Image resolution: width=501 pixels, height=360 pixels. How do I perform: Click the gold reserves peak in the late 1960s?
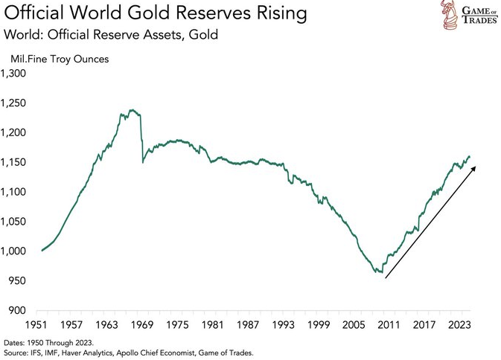pyautogui.click(x=131, y=110)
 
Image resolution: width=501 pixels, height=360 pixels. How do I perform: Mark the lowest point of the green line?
pyautogui.click(x=382, y=273)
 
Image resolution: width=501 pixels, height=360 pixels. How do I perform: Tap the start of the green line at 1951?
pyautogui.click(x=42, y=251)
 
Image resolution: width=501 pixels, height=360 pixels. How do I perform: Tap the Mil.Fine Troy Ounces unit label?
pyautogui.click(x=59, y=58)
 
